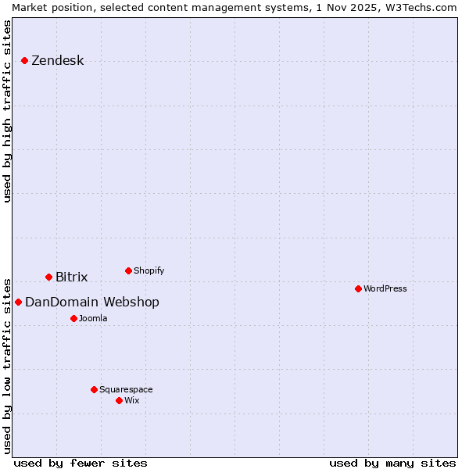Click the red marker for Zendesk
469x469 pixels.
pyautogui.click(x=24, y=60)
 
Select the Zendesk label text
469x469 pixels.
pyautogui.click(x=57, y=61)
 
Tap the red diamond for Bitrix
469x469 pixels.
pyautogui.click(x=48, y=277)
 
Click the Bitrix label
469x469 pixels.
pyautogui.click(x=71, y=277)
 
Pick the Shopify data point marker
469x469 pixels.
pyautogui.click(x=128, y=270)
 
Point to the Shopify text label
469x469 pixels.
pyautogui.click(x=149, y=271)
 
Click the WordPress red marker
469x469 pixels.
pyautogui.click(x=358, y=288)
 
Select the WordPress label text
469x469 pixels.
pyautogui.click(x=385, y=289)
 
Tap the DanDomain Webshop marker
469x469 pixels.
pyautogui.click(x=18, y=302)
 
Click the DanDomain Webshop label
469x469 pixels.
pyautogui.click(x=91, y=303)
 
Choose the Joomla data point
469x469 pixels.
pyautogui.click(x=73, y=318)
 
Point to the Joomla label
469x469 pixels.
pyautogui.click(x=93, y=319)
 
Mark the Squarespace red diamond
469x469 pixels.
pyautogui.click(x=94, y=389)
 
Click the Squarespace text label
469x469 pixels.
pyautogui.click(x=126, y=390)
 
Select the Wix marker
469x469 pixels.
pyautogui.click(x=119, y=400)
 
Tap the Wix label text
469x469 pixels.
pyautogui.click(x=131, y=401)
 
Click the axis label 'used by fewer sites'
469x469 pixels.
pyautogui.click(x=81, y=463)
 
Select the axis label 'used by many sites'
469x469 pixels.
pyautogui.click(x=392, y=463)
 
